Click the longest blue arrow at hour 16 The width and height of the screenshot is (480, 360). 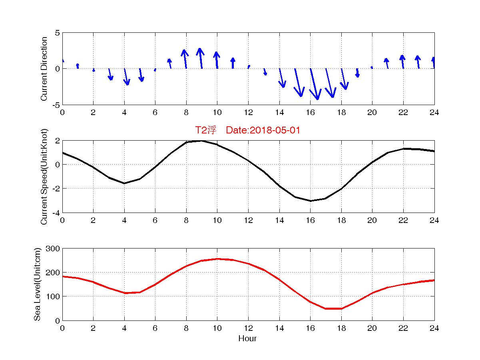click(314, 84)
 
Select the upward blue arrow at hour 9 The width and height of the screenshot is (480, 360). click(201, 58)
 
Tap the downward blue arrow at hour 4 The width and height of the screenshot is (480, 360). click(126, 76)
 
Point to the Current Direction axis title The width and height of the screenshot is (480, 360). click(44, 69)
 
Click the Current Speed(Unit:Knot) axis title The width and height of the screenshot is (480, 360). click(44, 176)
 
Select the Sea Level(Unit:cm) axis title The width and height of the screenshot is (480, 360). click(37, 284)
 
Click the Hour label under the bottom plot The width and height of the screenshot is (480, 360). click(247, 339)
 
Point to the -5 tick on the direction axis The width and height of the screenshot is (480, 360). click(56, 105)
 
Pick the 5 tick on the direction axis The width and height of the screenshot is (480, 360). click(58, 33)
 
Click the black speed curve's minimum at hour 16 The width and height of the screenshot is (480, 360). click(311, 201)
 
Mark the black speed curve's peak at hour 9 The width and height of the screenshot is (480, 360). click(202, 141)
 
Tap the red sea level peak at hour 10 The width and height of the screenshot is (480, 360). click(217, 259)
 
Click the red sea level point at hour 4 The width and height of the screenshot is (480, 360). click(125, 293)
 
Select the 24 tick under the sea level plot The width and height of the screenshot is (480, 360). click(434, 328)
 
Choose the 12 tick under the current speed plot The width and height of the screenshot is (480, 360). click(248, 220)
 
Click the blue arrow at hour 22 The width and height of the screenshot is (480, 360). click(402, 62)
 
